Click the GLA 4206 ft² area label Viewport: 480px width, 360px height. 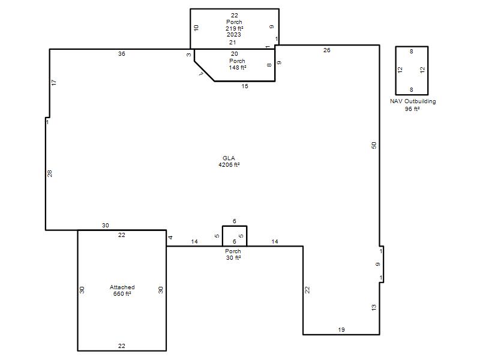pos(229,161)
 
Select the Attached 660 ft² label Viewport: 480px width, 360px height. pos(122,290)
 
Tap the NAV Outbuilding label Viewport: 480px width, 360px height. pos(413,101)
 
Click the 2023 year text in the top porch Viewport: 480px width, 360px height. pos(234,35)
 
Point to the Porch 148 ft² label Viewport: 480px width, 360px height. pos(237,64)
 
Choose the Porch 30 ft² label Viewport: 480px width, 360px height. pos(233,254)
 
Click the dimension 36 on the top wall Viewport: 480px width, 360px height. pos(122,54)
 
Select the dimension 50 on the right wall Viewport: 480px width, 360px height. pos(374,145)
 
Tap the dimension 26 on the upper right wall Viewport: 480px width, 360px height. pos(326,50)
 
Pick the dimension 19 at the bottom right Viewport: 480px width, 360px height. pos(341,329)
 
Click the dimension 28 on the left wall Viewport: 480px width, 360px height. pos(50,173)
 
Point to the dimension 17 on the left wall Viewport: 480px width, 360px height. pos(54,82)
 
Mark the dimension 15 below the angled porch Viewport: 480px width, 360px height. pos(245,86)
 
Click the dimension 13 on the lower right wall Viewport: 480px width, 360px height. pos(374,308)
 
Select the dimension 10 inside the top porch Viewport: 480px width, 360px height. pos(196,28)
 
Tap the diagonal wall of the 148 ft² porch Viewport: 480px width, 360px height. pos(204,71)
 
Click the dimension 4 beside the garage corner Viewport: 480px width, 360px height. pos(170,237)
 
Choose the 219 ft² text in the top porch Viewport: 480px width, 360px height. pos(235,28)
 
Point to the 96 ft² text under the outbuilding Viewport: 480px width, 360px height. pos(412,109)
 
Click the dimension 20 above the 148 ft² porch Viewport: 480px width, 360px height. pos(235,54)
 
